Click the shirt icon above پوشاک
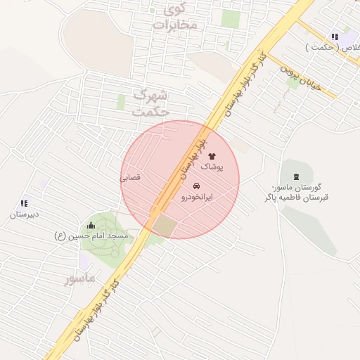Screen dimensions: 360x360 [x=212, y=156]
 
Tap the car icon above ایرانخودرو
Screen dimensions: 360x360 [x=195, y=186]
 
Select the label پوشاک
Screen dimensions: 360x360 [x=213, y=167]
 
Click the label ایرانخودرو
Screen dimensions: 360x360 [x=197, y=198]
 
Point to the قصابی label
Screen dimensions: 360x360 [x=131, y=178]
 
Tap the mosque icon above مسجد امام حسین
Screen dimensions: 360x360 [x=91, y=226]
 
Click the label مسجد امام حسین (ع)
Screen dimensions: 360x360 [x=91, y=236]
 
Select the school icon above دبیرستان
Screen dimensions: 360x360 [x=25, y=203]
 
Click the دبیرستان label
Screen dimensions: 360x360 [x=24, y=214]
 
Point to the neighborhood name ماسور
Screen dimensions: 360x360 [x=79, y=279]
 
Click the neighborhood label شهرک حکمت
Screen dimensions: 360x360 [x=151, y=103]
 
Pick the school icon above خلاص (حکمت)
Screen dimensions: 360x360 [x=335, y=37]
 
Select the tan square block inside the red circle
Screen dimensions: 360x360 [x=165, y=226]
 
